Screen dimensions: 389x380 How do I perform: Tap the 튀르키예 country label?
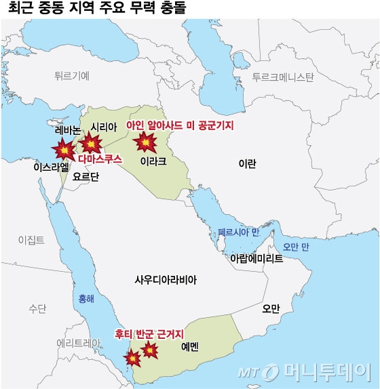[x=71, y=77]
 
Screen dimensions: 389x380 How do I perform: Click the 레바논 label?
[x=68, y=129]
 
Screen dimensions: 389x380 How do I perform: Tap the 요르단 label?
[x=85, y=176]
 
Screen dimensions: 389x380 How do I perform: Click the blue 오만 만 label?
[x=296, y=247]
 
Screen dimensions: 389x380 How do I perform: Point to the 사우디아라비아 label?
[x=166, y=279]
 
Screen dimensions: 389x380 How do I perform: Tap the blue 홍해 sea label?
[x=87, y=297]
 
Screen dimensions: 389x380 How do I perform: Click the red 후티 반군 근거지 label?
[x=149, y=333]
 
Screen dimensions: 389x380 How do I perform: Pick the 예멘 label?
[x=190, y=346]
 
